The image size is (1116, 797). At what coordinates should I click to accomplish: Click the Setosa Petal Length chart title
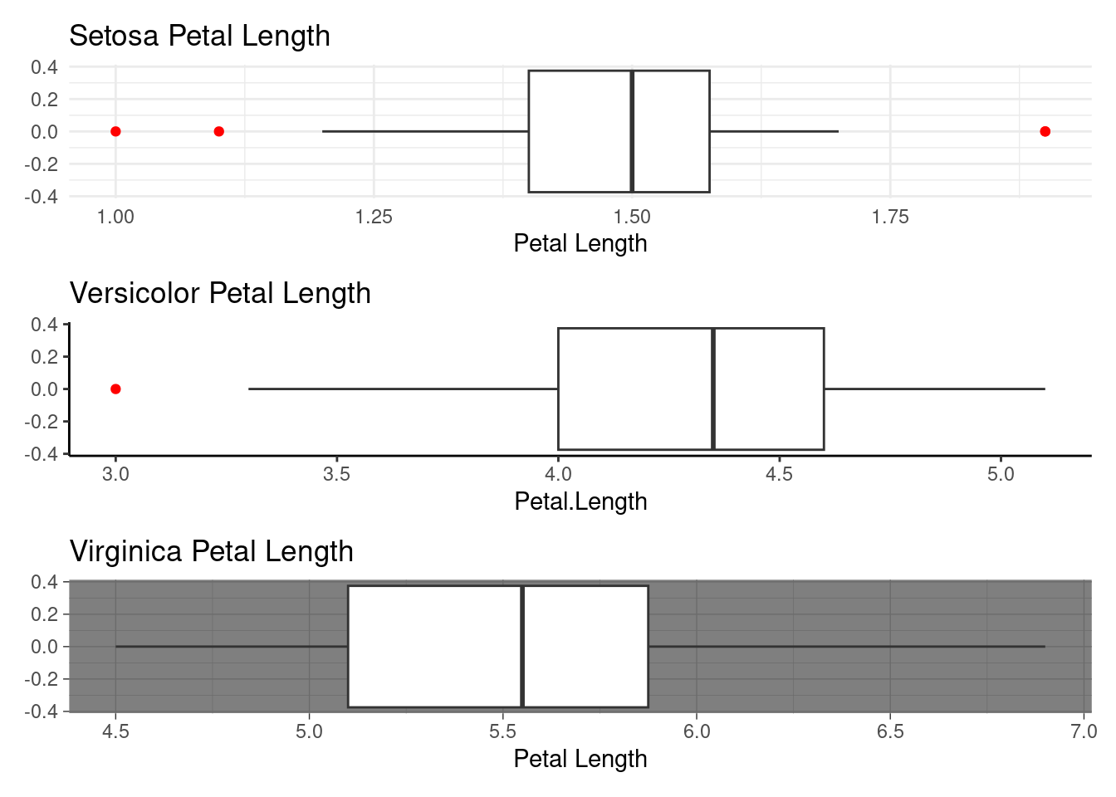[200, 36]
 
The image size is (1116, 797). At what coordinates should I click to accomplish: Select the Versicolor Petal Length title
[220, 293]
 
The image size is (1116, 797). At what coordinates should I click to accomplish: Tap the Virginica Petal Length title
[212, 551]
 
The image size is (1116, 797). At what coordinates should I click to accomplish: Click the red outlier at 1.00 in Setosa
[115, 131]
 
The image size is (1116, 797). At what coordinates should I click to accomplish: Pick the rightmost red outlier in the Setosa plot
[1045, 131]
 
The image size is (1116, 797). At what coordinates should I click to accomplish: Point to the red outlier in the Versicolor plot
[115, 389]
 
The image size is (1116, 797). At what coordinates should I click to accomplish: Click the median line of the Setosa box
[632, 131]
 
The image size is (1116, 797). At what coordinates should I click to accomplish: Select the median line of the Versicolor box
[713, 389]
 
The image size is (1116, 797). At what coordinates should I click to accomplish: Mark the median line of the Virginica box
[522, 647]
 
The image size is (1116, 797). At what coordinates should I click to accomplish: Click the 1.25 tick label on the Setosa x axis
[374, 218]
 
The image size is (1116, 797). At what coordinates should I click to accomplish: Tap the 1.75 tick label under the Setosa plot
[890, 218]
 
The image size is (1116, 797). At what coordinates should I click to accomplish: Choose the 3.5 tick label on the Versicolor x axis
[337, 474]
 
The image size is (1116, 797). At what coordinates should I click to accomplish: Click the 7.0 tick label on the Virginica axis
[1084, 731]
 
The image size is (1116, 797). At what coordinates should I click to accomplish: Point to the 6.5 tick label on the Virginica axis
[890, 731]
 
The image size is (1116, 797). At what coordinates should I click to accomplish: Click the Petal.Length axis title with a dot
[581, 501]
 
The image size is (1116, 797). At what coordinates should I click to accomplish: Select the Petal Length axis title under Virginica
[581, 759]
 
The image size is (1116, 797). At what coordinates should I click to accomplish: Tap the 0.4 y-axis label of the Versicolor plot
[44, 325]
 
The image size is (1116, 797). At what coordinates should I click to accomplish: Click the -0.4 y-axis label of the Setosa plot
[42, 197]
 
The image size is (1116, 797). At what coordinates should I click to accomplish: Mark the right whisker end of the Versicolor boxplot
[1045, 389]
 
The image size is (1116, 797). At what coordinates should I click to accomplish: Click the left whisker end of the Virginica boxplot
[116, 647]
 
